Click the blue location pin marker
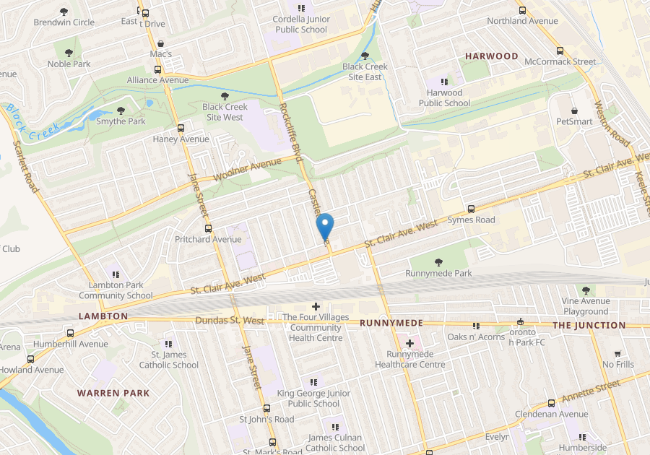click(325, 227)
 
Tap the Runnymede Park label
click(438, 274)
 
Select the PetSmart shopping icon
click(574, 111)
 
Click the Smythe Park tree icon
click(121, 111)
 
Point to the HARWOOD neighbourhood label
click(491, 56)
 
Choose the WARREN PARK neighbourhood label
click(113, 393)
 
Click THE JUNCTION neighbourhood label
click(589, 325)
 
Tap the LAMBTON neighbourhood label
click(103, 316)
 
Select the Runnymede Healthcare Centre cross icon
click(410, 343)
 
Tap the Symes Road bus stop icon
click(472, 209)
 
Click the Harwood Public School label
click(444, 97)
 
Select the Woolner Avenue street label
click(247, 169)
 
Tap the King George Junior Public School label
click(313, 399)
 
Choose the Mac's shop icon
click(160, 43)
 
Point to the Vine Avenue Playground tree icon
click(586, 290)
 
